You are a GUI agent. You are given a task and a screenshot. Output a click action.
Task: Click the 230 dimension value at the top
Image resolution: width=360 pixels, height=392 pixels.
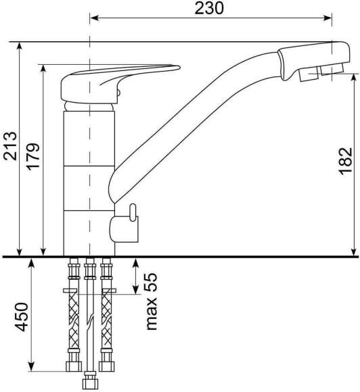coord(209,8)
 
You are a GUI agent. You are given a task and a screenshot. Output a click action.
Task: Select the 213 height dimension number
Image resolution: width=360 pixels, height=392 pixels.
coord(10,146)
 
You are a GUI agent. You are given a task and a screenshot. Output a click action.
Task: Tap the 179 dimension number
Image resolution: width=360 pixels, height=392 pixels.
coord(33,157)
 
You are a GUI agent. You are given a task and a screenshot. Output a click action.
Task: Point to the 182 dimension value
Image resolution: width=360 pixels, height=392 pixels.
coord(346,162)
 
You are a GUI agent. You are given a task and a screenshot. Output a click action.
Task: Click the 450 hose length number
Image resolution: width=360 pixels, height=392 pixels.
coord(22,317)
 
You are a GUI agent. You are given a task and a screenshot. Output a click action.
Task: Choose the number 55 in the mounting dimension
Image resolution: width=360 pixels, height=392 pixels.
coord(152,283)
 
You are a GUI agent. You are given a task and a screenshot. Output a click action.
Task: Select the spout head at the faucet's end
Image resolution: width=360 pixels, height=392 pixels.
coord(314,62)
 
